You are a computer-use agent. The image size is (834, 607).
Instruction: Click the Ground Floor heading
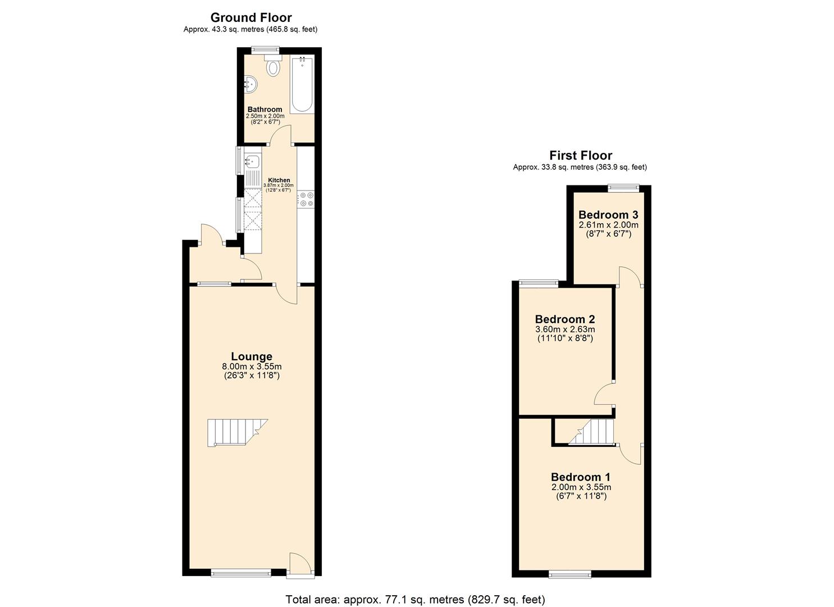250,17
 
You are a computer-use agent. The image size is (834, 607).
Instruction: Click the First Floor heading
580,155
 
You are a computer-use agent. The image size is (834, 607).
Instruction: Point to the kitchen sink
252,163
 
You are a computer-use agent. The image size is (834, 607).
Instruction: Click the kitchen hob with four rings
307,199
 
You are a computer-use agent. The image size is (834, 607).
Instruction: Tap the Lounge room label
251,356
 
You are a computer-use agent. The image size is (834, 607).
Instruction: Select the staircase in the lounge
235,433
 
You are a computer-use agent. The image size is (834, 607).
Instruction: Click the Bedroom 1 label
580,477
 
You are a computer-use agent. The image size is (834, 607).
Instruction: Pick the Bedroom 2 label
564,319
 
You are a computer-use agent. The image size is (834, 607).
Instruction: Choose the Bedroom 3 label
608,215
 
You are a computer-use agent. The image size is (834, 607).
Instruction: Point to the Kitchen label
279,180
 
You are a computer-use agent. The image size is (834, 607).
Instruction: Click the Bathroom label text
265,110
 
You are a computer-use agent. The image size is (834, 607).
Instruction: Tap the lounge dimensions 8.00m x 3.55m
251,367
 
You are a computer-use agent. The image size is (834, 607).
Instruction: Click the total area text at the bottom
415,599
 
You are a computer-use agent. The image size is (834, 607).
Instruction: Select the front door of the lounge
299,564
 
